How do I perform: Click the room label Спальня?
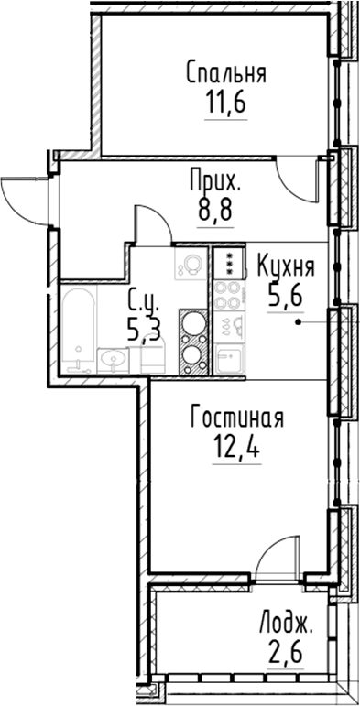[224, 73]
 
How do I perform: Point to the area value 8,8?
[214, 210]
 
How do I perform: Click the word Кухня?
[286, 267]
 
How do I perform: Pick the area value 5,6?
[285, 297]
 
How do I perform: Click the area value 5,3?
[145, 328]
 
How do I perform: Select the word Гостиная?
[236, 418]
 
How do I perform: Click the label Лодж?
[287, 626]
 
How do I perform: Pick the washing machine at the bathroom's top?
[191, 265]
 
